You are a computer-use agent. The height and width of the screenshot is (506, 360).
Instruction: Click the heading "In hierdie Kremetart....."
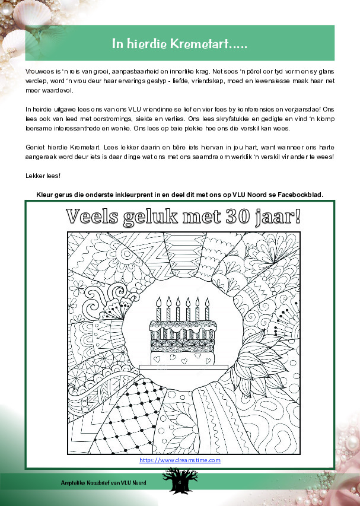[180, 44]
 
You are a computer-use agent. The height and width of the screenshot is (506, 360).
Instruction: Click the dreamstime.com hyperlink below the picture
[180, 460]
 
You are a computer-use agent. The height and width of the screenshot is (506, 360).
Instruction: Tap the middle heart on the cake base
[183, 359]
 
